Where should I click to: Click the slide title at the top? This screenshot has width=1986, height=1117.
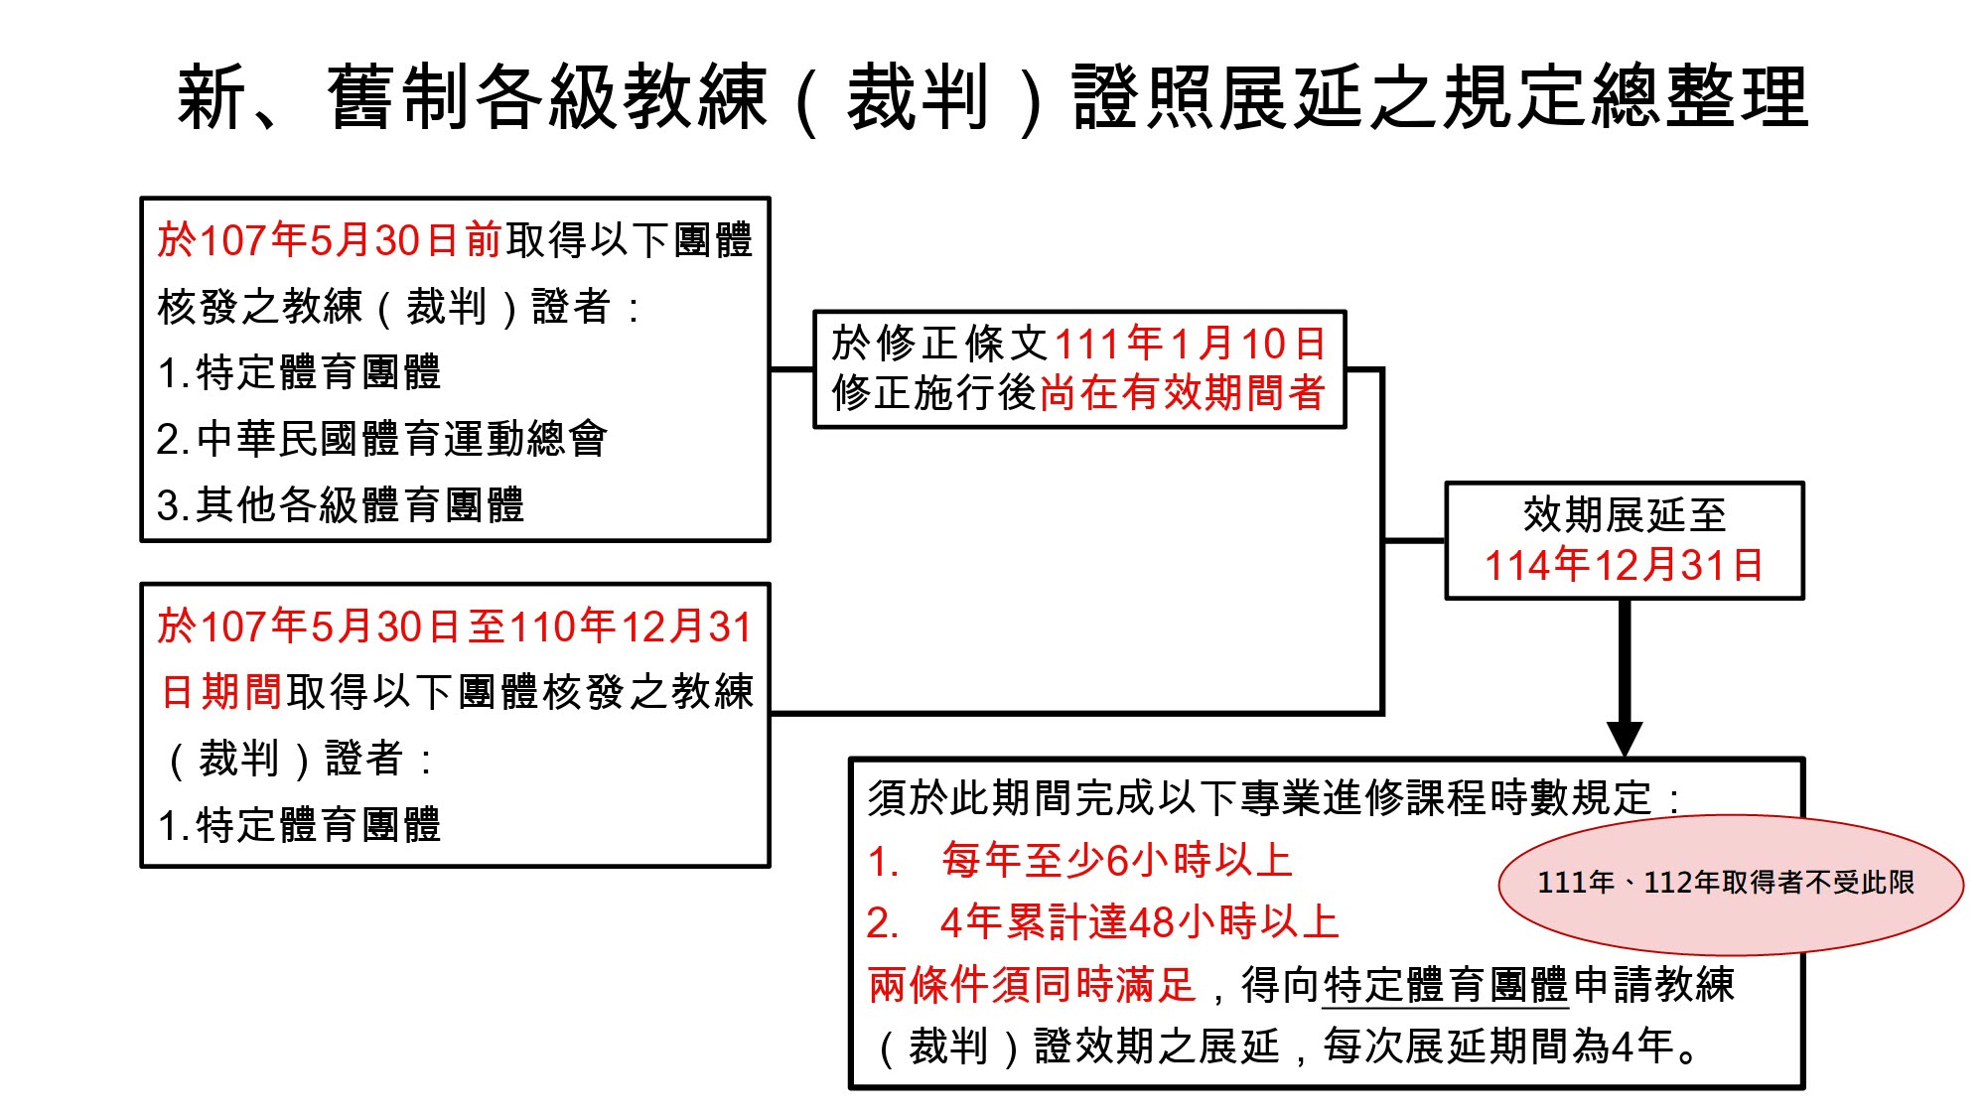[993, 97]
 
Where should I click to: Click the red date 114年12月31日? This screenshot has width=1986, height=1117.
[1624, 565]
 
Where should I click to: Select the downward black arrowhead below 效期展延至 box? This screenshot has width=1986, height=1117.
[1625, 738]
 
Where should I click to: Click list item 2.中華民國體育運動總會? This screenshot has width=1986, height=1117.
[382, 439]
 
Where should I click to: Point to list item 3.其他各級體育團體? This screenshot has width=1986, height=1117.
[341, 504]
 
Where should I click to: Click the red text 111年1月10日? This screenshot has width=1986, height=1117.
[1190, 345]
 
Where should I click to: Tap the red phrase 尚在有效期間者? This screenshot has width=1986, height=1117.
[1182, 393]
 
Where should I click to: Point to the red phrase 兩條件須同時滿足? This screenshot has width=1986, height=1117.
[1032, 985]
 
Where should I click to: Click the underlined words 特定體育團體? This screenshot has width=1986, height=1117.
[1445, 985]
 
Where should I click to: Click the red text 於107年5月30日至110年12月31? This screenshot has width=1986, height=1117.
[455, 627]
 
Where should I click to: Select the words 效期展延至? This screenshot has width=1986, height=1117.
[1625, 514]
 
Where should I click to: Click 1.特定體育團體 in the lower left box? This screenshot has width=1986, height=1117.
[299, 825]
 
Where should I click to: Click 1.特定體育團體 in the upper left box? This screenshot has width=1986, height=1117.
[299, 373]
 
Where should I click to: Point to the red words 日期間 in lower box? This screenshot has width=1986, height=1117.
[221, 692]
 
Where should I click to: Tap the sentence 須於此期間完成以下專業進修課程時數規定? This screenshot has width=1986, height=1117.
[1261, 798]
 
